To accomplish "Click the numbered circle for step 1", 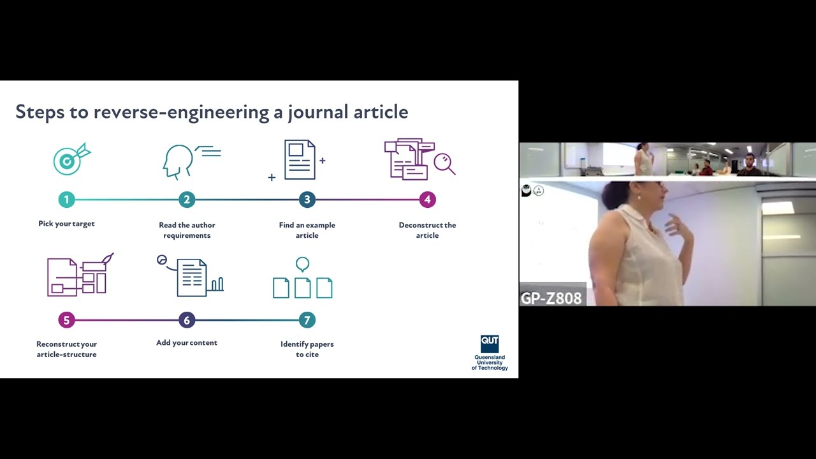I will click(66, 200).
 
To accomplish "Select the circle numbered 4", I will click(427, 200).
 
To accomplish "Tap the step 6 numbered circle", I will click(187, 320).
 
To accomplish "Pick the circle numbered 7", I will click(307, 320).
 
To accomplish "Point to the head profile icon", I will click(178, 162).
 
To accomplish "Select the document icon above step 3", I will click(300, 159).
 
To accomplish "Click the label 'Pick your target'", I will click(66, 224).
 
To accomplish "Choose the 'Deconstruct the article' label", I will click(427, 230).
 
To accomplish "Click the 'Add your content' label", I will click(187, 343).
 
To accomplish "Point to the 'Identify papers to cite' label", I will click(307, 349).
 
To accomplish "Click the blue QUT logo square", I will click(490, 343).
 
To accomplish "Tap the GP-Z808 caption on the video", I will click(551, 298).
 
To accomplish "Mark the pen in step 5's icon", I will click(107, 259).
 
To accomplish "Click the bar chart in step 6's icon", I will click(217, 284).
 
